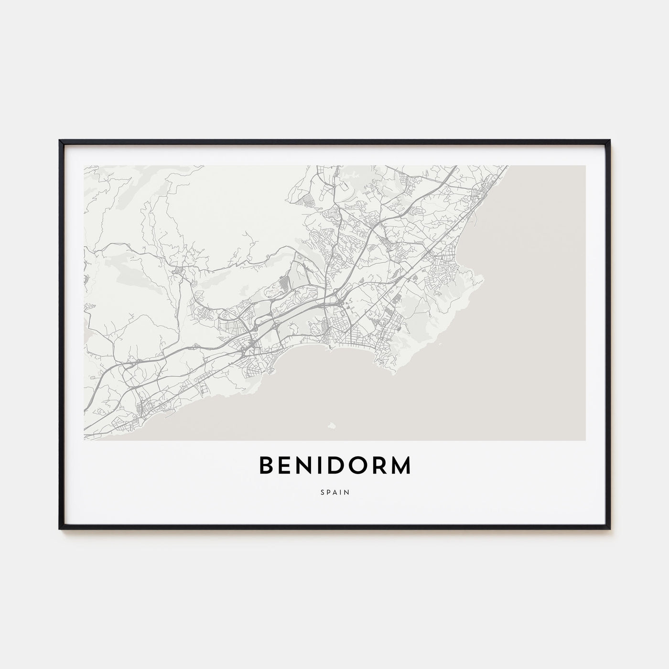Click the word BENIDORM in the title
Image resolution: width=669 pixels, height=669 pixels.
(334, 466)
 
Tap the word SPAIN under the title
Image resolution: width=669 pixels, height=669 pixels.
(334, 491)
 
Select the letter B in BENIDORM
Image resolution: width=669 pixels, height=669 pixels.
(267, 466)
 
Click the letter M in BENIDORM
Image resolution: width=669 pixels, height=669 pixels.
(399, 466)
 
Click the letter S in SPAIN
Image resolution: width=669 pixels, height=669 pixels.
(322, 491)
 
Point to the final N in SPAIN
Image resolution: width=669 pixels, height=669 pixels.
(347, 491)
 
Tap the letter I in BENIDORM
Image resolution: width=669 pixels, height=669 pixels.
(317, 466)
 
